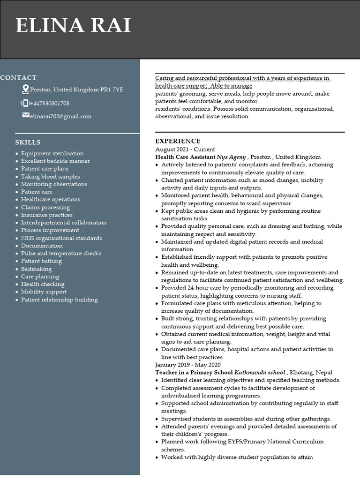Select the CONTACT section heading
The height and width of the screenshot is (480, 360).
(18, 78)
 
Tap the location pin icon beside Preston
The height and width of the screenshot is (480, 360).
(25, 89)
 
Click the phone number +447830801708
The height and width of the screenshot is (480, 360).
(51, 103)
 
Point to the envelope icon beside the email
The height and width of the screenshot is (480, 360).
(26, 115)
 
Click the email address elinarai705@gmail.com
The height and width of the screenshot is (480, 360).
(60, 116)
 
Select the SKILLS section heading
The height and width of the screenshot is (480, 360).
(28, 142)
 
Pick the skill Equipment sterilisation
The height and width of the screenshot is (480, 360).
(52, 153)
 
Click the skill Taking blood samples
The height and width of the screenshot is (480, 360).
(50, 177)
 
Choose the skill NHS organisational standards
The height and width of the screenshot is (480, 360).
(61, 238)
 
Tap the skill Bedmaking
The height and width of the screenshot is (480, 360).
(36, 269)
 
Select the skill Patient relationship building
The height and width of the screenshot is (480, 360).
(59, 300)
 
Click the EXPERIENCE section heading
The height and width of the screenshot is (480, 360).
(178, 141)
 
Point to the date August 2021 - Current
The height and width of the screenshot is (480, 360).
(185, 149)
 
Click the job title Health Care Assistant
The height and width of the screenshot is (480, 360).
(185, 157)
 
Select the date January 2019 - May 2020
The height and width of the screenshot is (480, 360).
(187, 365)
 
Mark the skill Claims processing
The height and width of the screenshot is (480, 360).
(45, 207)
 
